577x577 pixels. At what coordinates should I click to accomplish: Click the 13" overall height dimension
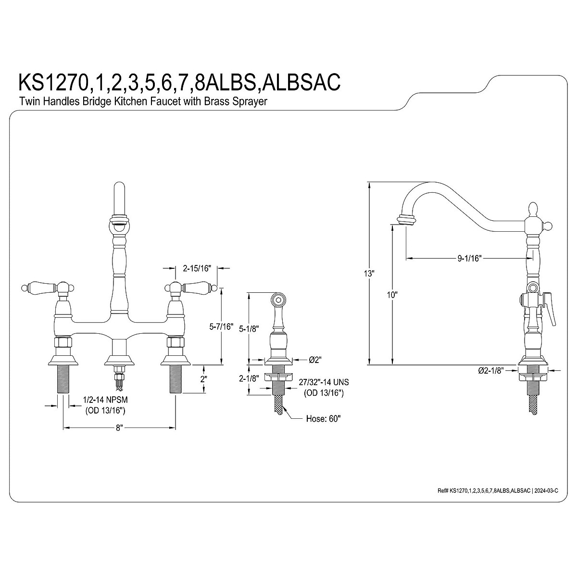(369, 273)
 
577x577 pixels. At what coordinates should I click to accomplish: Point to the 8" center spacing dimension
(119, 427)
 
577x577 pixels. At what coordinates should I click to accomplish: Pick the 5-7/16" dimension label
(221, 327)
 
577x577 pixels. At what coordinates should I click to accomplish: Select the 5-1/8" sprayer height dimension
(249, 328)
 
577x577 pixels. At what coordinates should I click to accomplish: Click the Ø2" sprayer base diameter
(314, 359)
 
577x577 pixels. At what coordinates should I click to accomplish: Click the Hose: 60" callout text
(323, 418)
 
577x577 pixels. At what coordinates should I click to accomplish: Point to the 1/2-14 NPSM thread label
(109, 400)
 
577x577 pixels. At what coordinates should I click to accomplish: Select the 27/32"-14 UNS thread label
(323, 382)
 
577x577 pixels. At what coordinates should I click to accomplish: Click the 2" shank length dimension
(204, 379)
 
